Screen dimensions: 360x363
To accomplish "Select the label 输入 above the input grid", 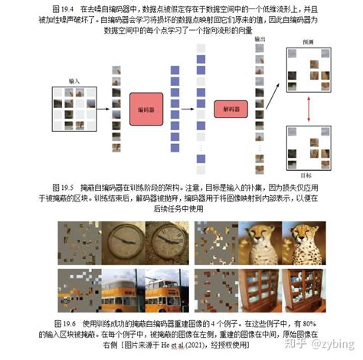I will [x=74, y=80].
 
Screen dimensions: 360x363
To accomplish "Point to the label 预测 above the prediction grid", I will [x=309, y=44].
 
